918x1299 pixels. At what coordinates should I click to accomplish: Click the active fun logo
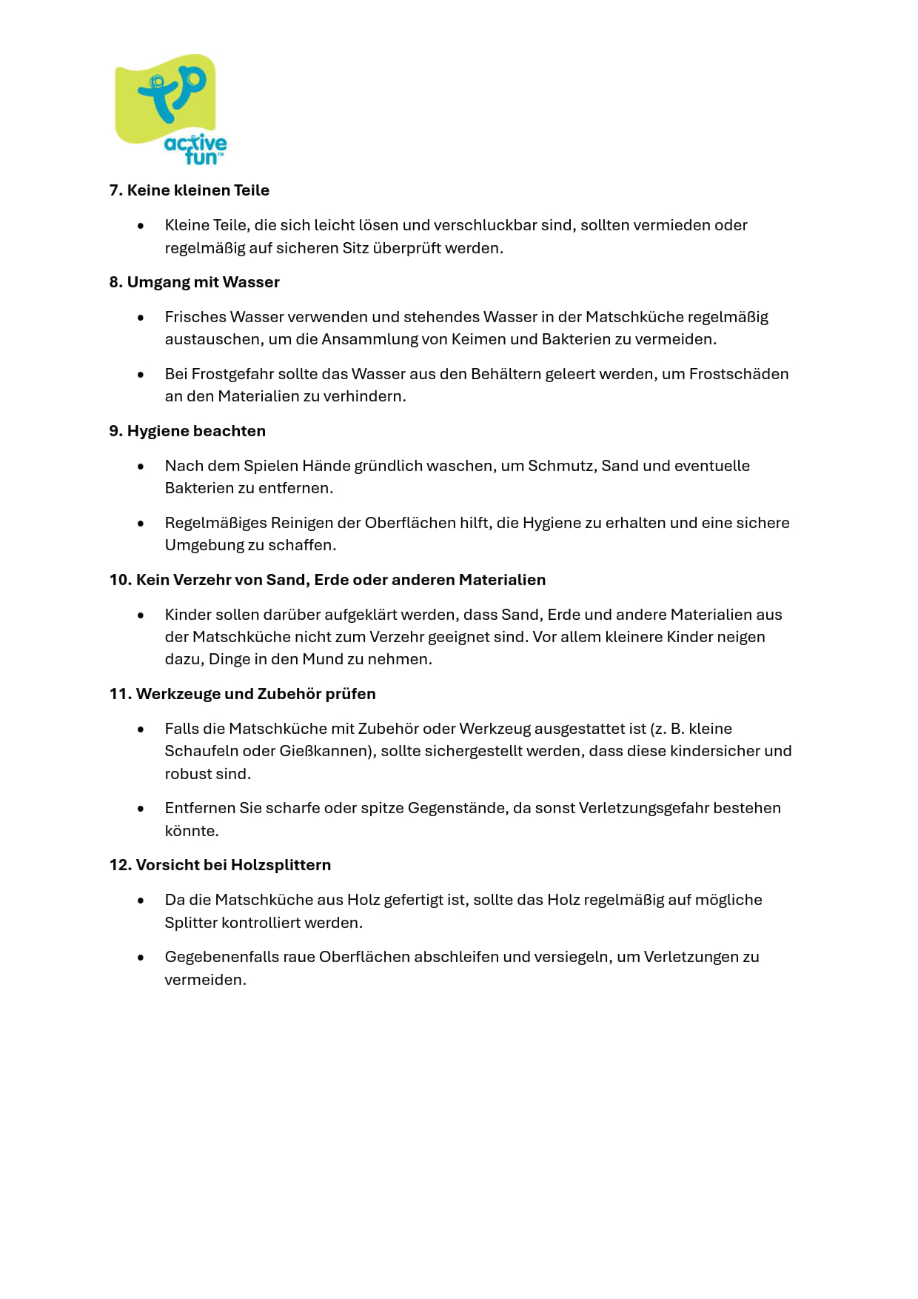coord(170,109)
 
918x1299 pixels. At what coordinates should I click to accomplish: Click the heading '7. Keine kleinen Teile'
coord(189,190)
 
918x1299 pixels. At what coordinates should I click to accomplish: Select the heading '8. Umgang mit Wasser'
coord(194,282)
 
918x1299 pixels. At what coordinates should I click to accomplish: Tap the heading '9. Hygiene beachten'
coord(187,431)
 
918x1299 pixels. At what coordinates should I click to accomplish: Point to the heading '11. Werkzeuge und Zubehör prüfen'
coord(242,694)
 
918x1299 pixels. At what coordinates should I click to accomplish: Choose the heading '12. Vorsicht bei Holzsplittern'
coord(220,865)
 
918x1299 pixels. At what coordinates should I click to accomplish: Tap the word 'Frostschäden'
coord(739,374)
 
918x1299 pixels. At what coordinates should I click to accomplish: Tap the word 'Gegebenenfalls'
coord(221,957)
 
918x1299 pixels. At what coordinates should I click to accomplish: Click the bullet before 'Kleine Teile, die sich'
coord(141,226)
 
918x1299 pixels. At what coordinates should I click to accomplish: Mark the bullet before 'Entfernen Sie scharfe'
coord(141,809)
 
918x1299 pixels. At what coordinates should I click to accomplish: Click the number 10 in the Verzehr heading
coord(118,580)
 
